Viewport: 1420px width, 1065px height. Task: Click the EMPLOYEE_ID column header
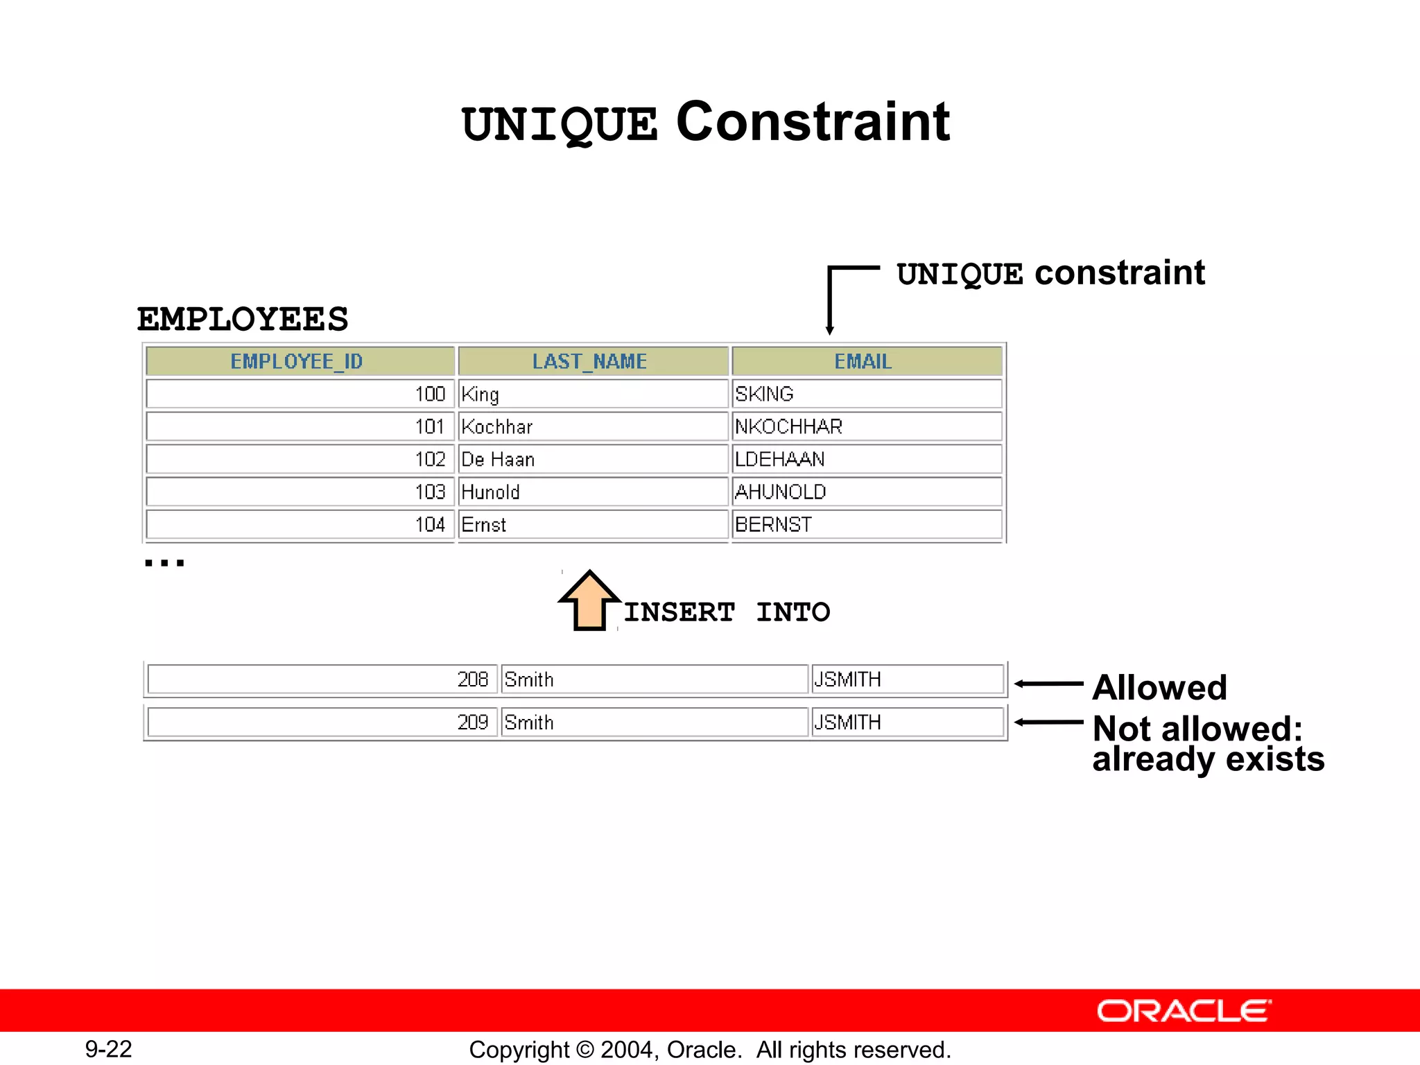click(299, 361)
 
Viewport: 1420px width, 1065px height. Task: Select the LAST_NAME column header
click(591, 361)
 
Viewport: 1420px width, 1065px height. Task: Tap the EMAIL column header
click(864, 361)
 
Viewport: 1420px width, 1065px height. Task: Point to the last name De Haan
click(499, 459)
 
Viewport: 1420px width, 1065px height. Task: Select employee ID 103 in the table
click(430, 492)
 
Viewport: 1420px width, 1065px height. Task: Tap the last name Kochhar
click(497, 426)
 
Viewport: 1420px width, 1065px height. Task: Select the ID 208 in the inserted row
click(473, 679)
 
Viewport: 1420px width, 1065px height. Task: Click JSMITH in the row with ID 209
click(848, 722)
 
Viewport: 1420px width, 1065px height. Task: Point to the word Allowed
click(1160, 688)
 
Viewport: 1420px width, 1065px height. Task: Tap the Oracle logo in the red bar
click(1184, 1011)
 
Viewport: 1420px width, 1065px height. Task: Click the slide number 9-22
click(109, 1049)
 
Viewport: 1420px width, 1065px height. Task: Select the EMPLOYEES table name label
click(243, 320)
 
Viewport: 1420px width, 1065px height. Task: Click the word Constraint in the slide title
click(813, 122)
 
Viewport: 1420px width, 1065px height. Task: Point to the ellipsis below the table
click(164, 562)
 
